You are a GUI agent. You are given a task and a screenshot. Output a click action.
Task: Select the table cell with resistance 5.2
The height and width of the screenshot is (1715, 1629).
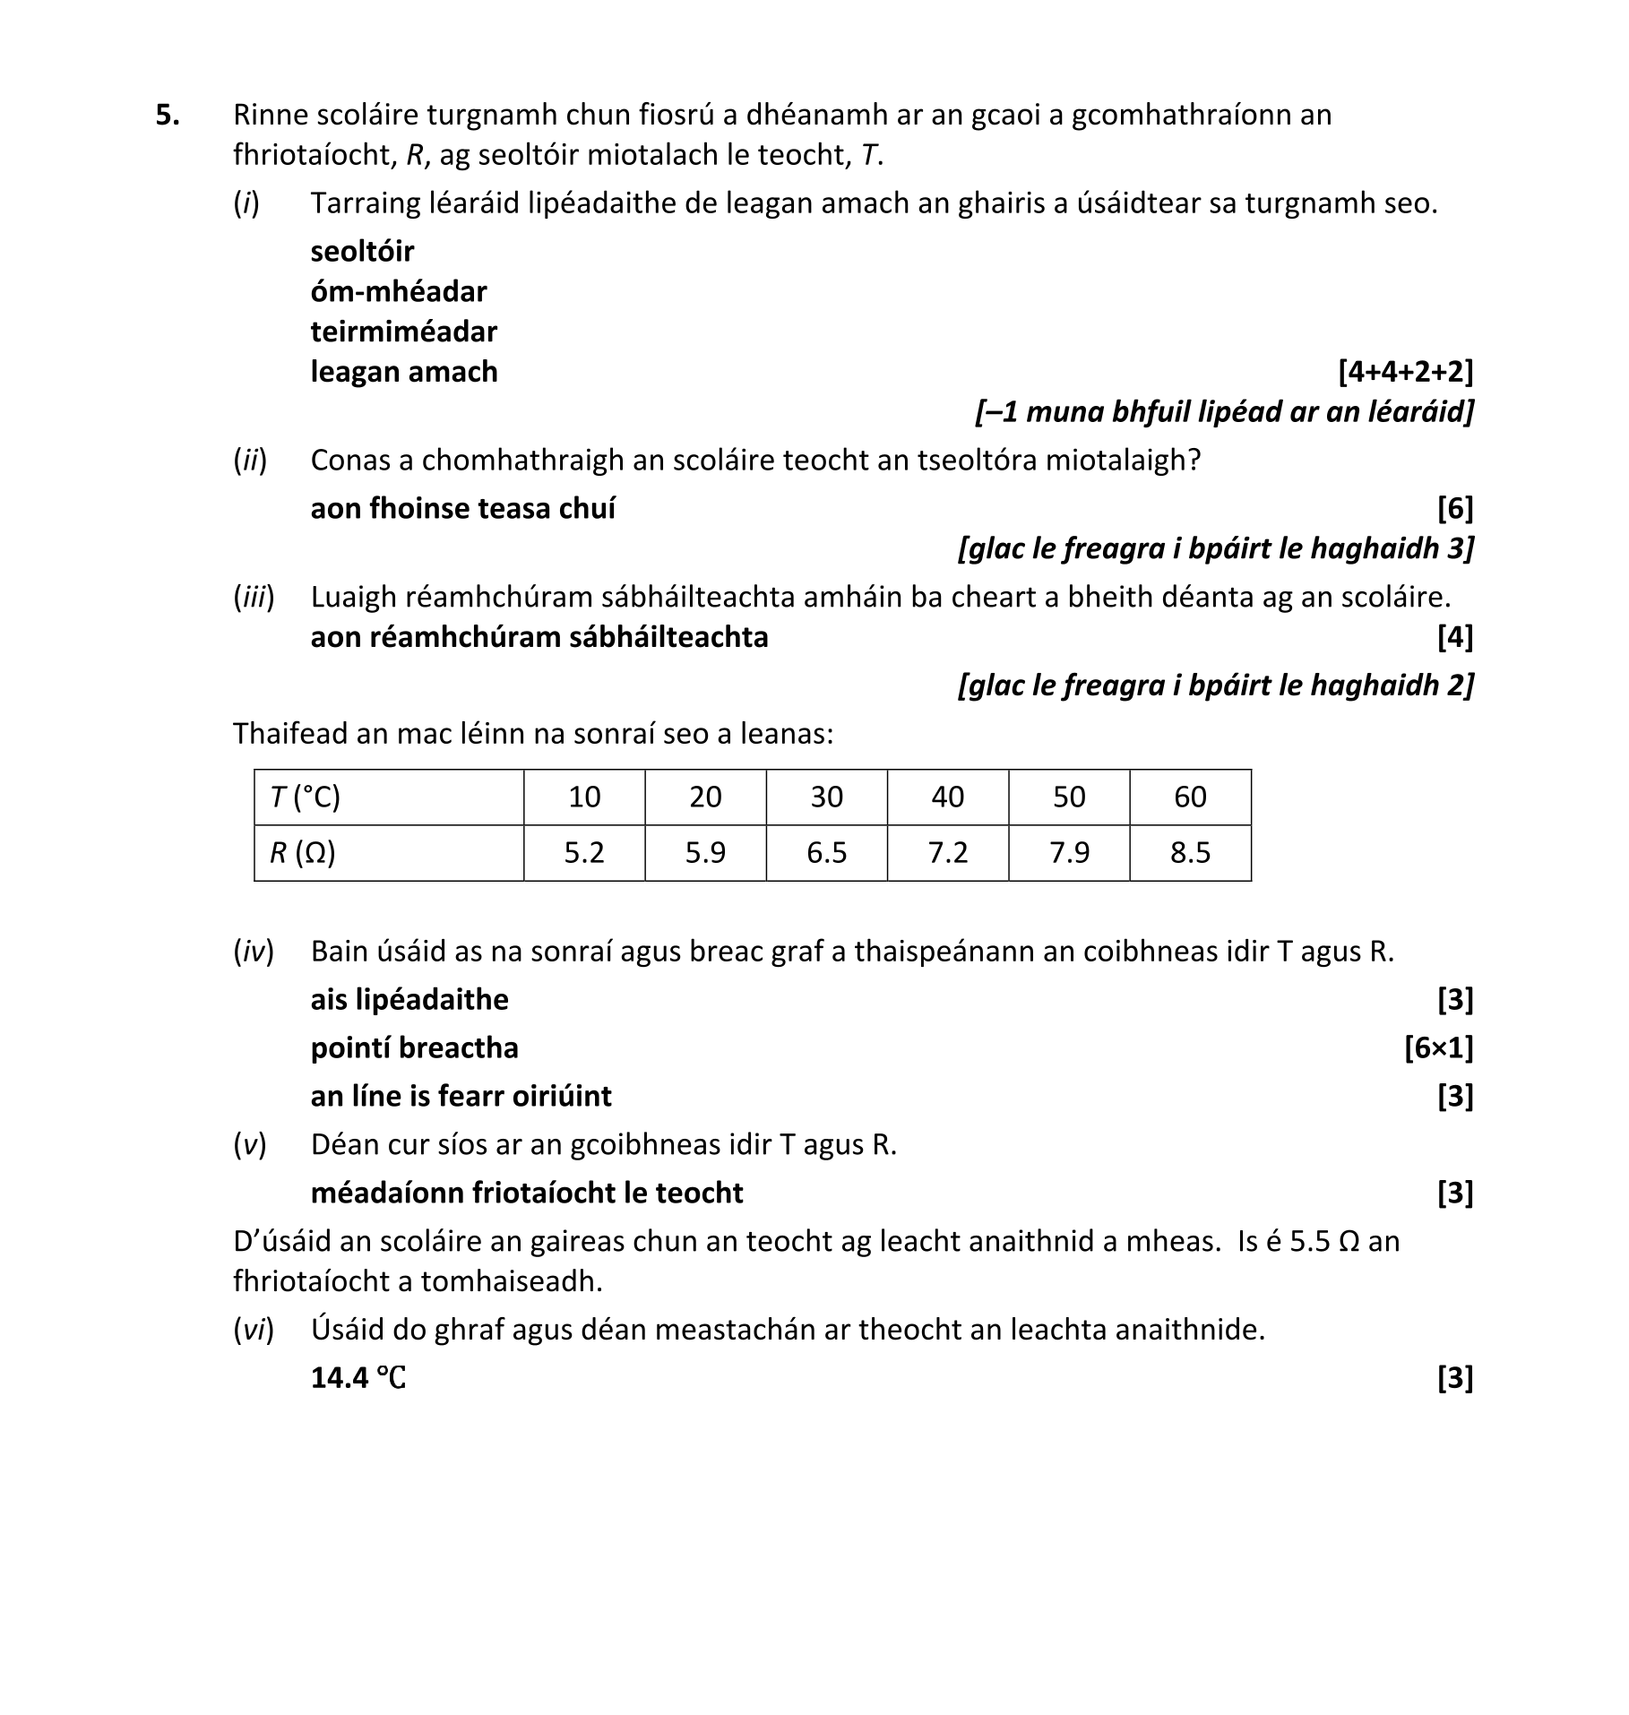pyautogui.click(x=584, y=852)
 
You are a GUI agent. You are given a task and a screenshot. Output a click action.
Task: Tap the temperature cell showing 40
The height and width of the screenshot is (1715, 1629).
pyautogui.click(x=947, y=797)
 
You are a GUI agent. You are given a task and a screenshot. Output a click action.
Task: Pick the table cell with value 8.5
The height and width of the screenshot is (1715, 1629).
pyautogui.click(x=1190, y=852)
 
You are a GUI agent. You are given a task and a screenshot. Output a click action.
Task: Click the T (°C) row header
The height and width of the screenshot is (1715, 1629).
pyautogui.click(x=306, y=797)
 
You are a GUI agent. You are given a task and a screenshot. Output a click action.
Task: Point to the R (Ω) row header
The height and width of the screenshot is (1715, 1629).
pyautogui.click(x=303, y=852)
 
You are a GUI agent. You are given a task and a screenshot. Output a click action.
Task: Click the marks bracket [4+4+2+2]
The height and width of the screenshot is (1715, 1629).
pyautogui.click(x=1405, y=372)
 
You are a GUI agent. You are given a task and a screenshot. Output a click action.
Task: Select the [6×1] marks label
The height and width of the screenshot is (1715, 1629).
pyautogui.click(x=1438, y=1047)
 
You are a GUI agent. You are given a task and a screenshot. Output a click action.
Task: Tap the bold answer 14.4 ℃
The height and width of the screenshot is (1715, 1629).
pyautogui.click(x=358, y=1377)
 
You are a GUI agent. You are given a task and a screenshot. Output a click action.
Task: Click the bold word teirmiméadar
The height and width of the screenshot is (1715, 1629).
pyautogui.click(x=403, y=332)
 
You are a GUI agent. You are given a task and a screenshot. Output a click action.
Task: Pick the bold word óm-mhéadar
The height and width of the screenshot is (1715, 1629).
pyautogui.click(x=399, y=291)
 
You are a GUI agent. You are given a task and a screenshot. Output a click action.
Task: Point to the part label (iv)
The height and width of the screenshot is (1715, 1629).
pyautogui.click(x=254, y=951)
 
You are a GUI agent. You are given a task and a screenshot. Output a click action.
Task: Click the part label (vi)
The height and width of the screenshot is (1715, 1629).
pyautogui.click(x=254, y=1329)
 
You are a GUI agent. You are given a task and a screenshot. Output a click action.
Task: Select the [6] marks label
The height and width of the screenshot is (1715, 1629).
pyautogui.click(x=1455, y=509)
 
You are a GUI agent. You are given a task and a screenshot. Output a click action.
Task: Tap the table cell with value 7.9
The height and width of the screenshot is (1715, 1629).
pyautogui.click(x=1069, y=852)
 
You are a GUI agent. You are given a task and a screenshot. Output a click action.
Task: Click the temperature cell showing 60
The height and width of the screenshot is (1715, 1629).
pyautogui.click(x=1190, y=797)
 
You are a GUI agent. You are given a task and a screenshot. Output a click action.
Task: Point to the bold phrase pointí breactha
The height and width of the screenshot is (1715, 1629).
pyautogui.click(x=414, y=1047)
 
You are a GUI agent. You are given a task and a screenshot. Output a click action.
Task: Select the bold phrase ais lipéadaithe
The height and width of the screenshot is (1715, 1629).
pyautogui.click(x=409, y=999)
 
